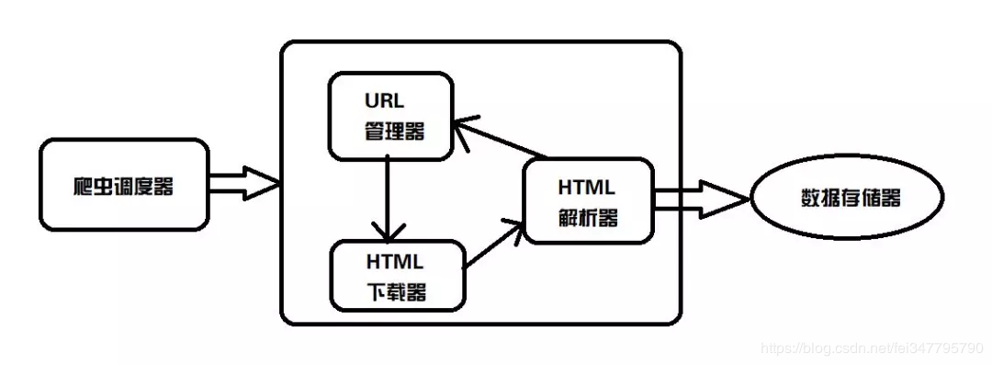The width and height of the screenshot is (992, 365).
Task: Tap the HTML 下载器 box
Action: point(396,274)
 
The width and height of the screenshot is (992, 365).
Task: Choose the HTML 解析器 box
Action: point(588,203)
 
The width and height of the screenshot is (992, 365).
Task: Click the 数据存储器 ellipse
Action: point(849,199)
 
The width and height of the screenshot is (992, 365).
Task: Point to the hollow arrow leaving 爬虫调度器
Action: point(243,183)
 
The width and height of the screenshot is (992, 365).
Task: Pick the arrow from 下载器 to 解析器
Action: point(494,244)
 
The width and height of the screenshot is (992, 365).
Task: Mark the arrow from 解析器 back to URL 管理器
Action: point(501,138)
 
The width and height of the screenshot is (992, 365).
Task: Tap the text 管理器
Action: point(391,131)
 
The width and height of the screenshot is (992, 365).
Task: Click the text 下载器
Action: point(395,292)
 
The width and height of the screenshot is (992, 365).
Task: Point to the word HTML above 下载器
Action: point(395,259)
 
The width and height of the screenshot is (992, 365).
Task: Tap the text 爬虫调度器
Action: point(124,186)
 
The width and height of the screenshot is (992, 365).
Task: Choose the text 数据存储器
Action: point(851,199)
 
